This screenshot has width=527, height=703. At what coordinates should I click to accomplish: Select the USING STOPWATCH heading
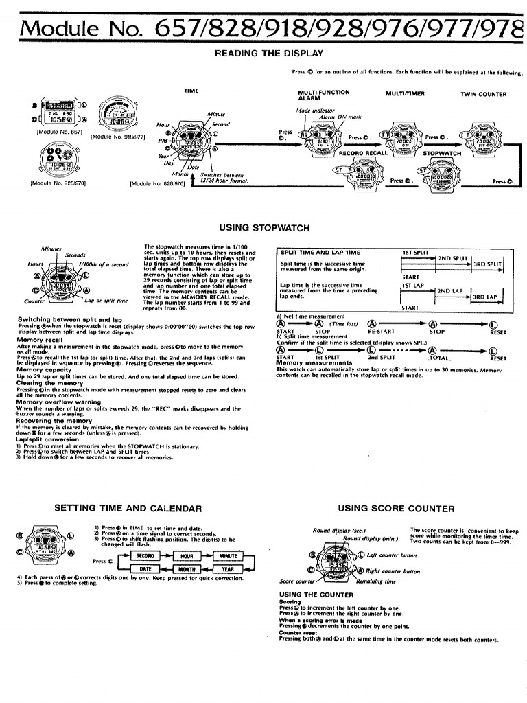263,227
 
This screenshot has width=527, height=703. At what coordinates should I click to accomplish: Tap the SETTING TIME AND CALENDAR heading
128,509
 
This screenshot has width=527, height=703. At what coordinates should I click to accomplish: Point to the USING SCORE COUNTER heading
396,509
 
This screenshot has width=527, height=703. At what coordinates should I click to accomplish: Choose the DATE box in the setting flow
145,568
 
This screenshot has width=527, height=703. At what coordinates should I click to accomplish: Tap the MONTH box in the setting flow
187,568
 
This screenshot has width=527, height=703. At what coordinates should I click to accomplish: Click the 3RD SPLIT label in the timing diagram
488,264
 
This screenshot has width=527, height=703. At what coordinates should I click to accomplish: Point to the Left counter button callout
392,555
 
